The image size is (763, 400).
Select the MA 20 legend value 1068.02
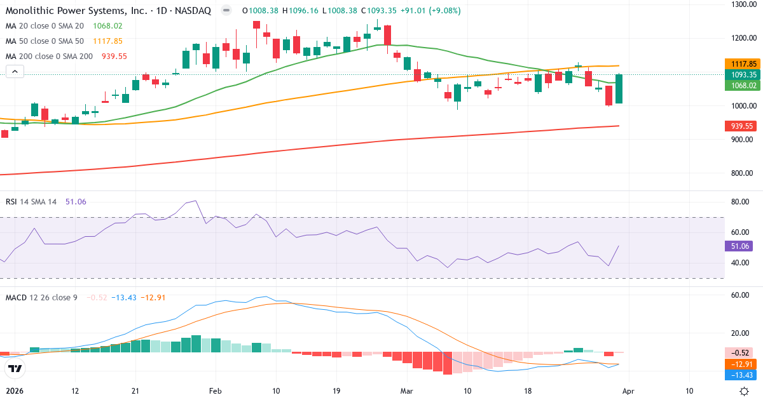pos(107,26)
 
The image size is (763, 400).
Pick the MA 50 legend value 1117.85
pos(108,41)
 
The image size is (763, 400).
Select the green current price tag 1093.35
pos(741,74)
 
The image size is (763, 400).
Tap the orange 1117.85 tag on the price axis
pos(741,64)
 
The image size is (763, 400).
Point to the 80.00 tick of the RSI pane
pos(741,202)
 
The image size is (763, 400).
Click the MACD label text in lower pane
pos(17,297)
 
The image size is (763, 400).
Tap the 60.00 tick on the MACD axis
pos(741,295)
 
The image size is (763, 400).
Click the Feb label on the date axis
pos(215,392)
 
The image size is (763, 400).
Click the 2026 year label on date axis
pos(14,392)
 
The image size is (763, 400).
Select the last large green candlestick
pos(619,89)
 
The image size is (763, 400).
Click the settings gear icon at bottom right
pos(744,391)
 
